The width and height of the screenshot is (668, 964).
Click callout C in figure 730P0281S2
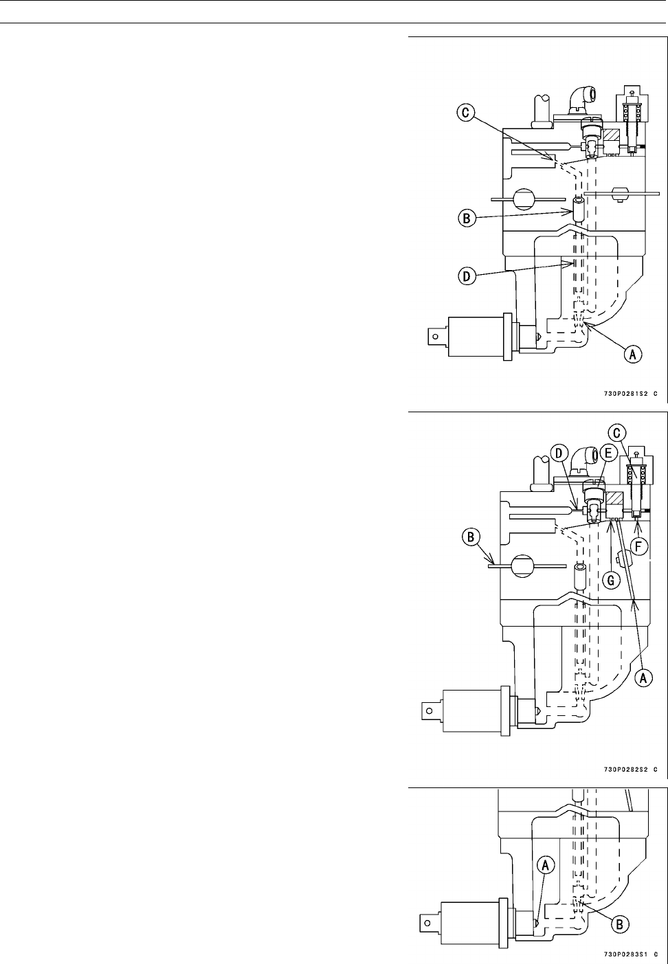(467, 113)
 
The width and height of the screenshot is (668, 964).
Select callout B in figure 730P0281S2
(466, 219)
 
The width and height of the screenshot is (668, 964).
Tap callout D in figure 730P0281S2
(466, 277)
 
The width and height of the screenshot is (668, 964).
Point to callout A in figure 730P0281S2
(632, 354)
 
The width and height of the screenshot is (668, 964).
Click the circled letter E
(607, 453)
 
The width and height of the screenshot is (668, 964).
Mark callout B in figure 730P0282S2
(471, 537)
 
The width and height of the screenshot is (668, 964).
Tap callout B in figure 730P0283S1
(620, 924)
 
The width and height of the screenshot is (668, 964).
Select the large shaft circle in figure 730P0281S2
(524, 199)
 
